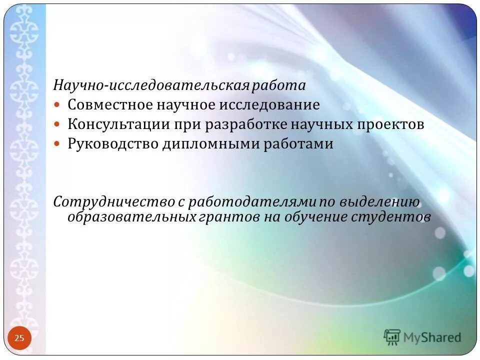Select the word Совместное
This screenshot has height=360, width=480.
point(110,105)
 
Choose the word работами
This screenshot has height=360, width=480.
point(298,144)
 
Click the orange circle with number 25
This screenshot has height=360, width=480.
point(19,338)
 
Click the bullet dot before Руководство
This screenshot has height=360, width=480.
point(57,144)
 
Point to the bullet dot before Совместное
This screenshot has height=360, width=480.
point(57,105)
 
